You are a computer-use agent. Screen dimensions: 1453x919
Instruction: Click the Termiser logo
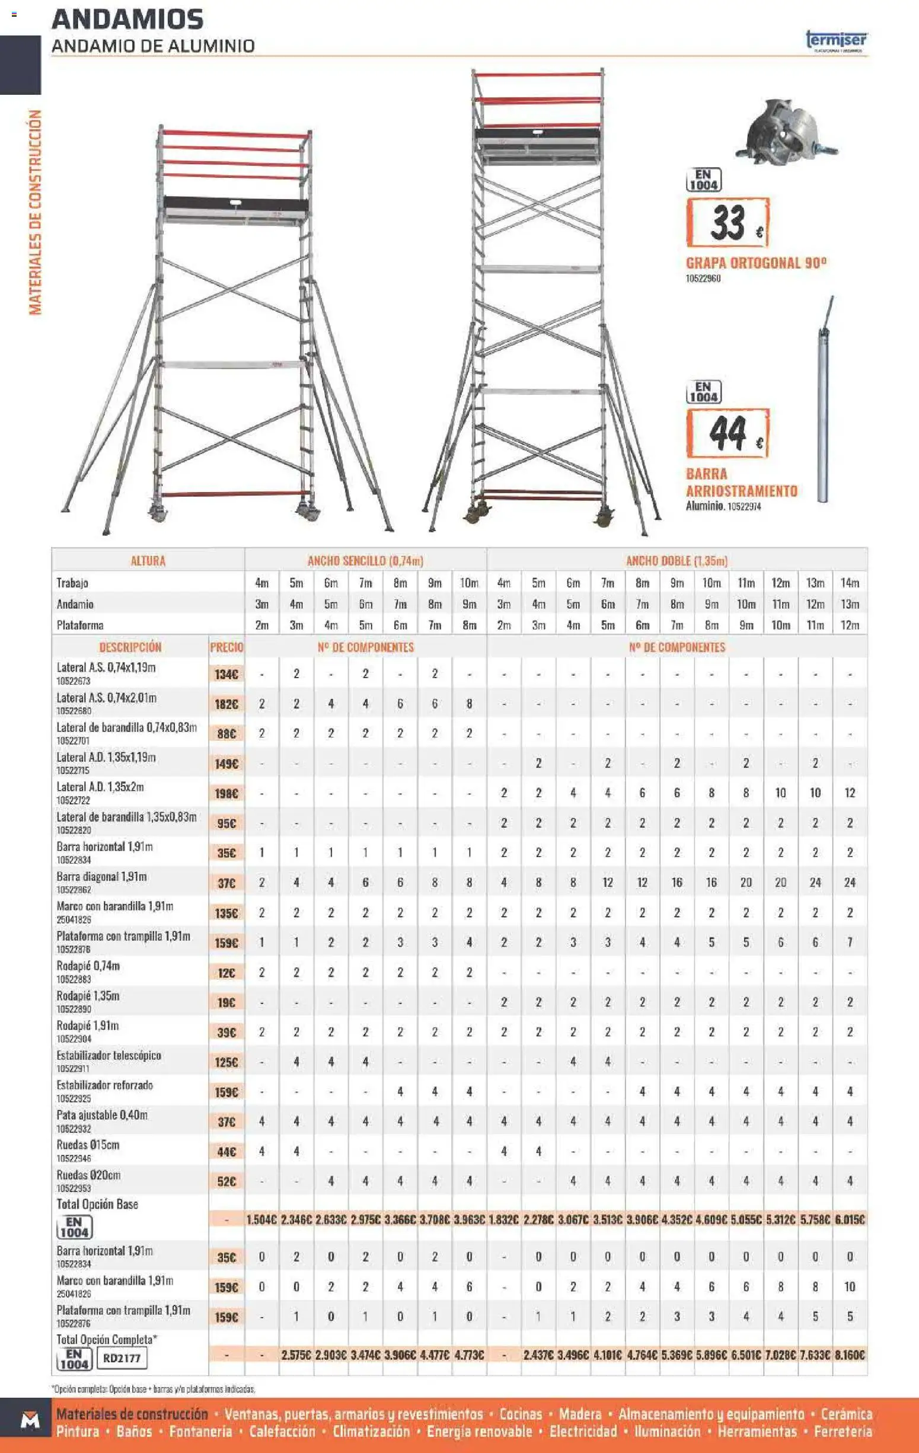coord(837,41)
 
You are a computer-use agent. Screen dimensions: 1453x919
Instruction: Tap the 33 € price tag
coord(727,223)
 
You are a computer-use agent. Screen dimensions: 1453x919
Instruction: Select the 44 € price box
coord(727,433)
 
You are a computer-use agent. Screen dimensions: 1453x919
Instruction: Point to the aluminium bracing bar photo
coord(824,401)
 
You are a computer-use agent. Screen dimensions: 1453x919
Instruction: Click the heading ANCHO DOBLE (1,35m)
coord(677,561)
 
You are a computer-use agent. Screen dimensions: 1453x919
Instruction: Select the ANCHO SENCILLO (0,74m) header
coord(365,561)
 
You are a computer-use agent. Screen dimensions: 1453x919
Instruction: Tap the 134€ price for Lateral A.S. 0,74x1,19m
coord(226,674)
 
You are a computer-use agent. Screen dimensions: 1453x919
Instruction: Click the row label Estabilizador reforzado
coord(105,1085)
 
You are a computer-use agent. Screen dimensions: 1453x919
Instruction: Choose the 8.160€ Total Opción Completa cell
coord(850,1355)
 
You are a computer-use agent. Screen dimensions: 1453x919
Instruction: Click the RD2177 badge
coord(122,1358)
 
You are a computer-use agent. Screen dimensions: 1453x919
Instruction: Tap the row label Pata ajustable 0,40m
coord(102,1115)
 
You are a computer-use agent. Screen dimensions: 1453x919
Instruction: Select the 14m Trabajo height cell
coord(850,583)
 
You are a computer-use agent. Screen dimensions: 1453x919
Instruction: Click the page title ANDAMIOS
coord(127,20)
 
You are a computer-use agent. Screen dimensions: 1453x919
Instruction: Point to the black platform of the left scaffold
coord(235,204)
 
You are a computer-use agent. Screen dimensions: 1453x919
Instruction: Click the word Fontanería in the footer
coord(200,1432)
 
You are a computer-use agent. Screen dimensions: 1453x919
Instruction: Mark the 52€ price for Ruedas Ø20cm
coord(226,1181)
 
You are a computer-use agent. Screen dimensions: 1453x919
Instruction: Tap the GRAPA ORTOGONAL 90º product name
coord(755,263)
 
